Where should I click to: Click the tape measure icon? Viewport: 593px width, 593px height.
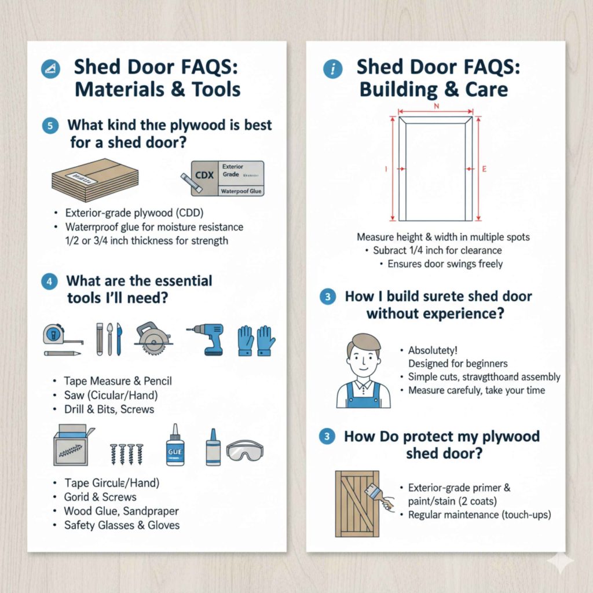pos(56,334)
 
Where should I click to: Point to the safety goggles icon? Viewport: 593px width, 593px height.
pos(244,449)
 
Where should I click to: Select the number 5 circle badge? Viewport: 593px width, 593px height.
pos(50,126)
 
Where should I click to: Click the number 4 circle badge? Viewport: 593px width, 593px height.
pos(50,282)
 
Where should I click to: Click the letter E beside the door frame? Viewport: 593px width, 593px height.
pos(484,169)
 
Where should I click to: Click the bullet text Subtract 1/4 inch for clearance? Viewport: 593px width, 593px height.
pos(437,251)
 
